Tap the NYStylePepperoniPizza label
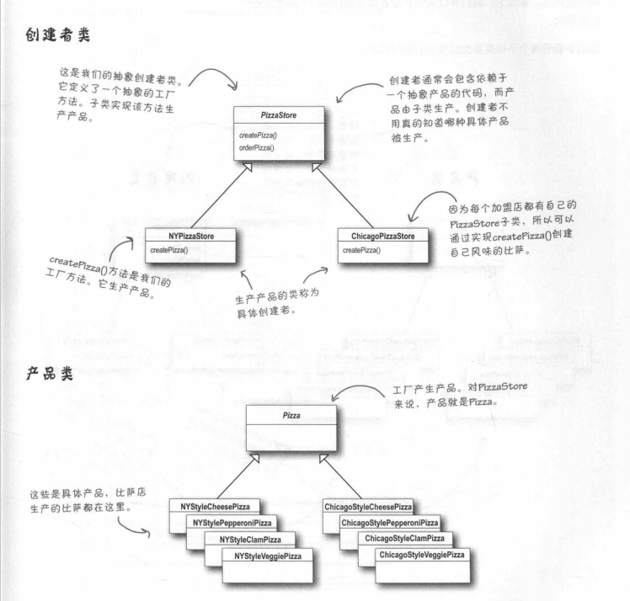click(x=232, y=523)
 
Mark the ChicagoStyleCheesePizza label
click(x=367, y=506)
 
